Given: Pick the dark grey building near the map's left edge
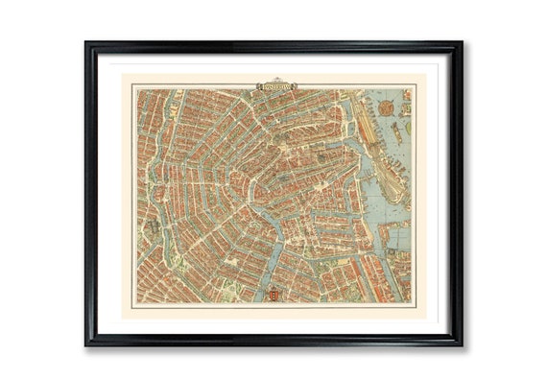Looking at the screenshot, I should point(153,228).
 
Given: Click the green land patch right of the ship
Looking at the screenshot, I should point(408,126).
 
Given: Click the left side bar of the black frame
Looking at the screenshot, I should point(89,192).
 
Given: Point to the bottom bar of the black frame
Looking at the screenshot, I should point(273,340).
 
